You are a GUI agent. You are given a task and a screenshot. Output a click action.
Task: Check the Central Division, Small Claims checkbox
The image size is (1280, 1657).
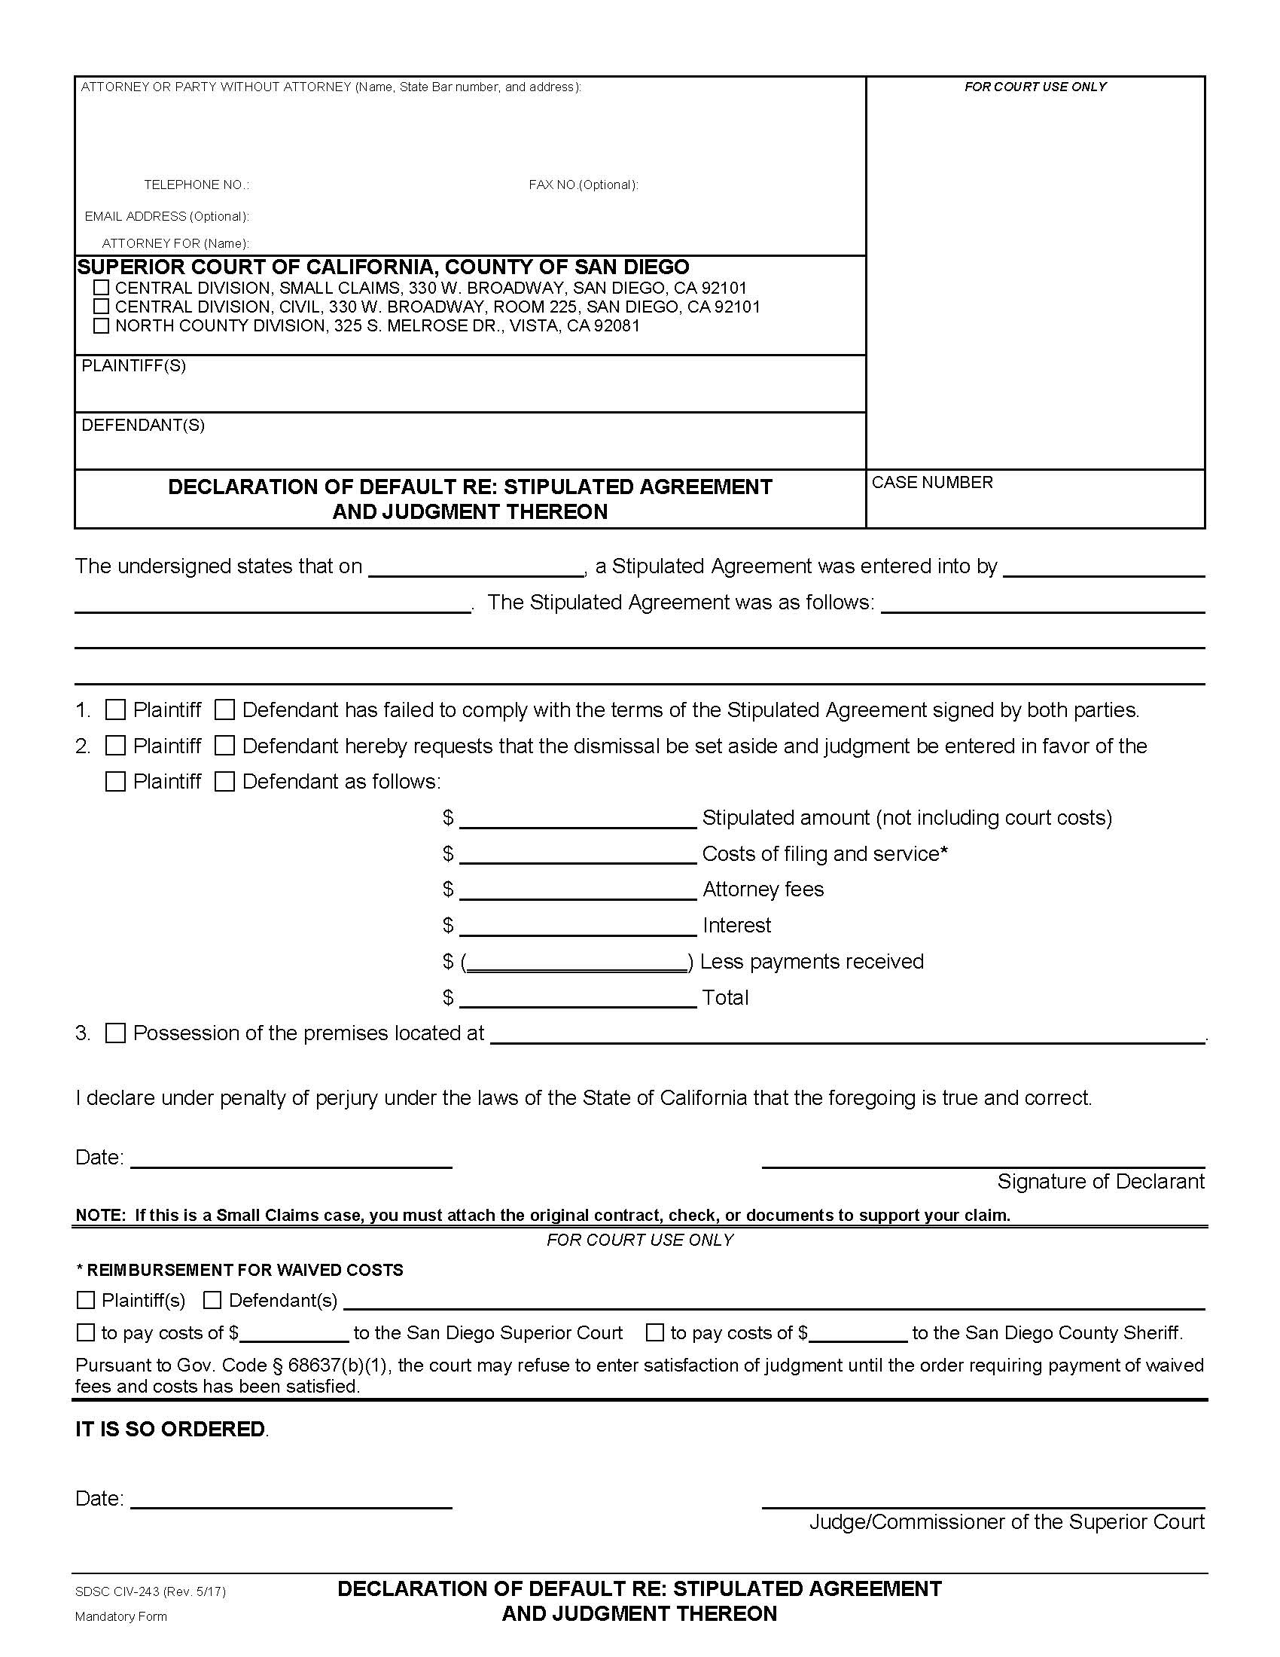[x=101, y=288]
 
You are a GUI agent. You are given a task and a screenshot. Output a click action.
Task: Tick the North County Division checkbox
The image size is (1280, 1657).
[x=101, y=325]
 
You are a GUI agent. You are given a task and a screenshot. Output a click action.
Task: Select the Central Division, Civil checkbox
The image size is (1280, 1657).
[x=101, y=307]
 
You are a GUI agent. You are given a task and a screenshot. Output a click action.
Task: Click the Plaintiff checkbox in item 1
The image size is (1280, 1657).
[x=115, y=710]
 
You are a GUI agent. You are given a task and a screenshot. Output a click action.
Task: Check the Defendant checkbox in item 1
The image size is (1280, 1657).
[x=224, y=710]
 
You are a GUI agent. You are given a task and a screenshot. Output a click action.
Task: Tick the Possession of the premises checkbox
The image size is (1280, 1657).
[x=115, y=1033]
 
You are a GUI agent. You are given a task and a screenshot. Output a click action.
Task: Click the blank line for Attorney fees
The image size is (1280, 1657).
[x=578, y=891]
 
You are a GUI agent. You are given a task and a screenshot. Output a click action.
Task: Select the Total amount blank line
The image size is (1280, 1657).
[x=578, y=999]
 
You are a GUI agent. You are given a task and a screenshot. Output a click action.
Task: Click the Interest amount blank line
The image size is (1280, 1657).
[x=578, y=926]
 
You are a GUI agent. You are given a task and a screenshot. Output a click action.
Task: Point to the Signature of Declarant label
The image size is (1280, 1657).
[x=1100, y=1181]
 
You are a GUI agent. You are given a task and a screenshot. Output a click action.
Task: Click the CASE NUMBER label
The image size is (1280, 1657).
[x=932, y=483]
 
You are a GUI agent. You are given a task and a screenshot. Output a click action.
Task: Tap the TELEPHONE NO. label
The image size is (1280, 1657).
[x=197, y=185]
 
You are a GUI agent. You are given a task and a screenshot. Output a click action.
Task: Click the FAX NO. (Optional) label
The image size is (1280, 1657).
[x=583, y=185]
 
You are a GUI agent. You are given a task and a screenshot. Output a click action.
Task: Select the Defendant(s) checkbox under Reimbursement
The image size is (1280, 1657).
[x=212, y=1301]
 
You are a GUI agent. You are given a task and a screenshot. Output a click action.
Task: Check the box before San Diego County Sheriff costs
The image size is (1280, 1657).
[x=655, y=1332]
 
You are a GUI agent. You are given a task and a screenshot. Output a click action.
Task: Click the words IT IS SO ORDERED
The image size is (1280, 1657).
[x=171, y=1429]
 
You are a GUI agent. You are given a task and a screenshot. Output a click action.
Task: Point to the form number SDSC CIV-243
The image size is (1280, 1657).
[x=150, y=1591]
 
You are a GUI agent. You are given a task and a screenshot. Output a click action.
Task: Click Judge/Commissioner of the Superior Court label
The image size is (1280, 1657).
[x=1006, y=1521]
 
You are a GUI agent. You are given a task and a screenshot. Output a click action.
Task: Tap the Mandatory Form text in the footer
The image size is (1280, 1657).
[x=120, y=1616]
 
